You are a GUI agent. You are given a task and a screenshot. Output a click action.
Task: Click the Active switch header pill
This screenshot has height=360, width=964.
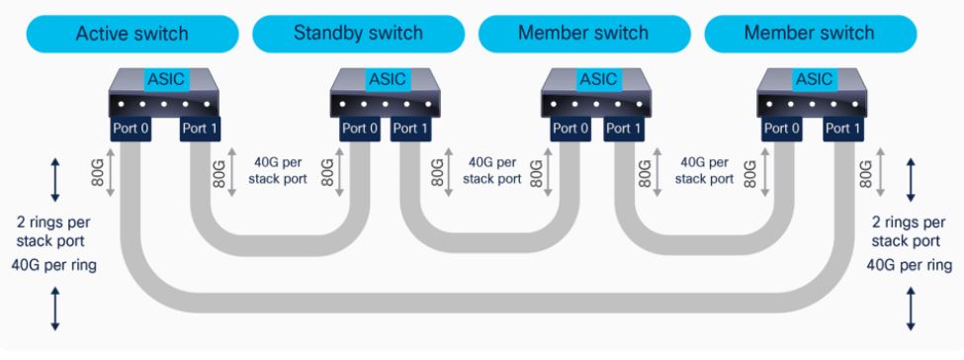131,34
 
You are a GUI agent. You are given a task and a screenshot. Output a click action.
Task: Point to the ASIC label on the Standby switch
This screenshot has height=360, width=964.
386,78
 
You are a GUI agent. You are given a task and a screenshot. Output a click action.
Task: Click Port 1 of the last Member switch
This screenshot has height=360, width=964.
841,128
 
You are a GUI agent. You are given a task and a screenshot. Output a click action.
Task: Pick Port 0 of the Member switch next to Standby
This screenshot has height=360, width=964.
570,128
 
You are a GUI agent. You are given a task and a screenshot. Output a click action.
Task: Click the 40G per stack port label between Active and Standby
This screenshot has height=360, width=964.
280,170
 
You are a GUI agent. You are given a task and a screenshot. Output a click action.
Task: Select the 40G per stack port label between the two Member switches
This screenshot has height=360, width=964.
704,170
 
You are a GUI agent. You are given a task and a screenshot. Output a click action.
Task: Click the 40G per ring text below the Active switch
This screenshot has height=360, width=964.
56,264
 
